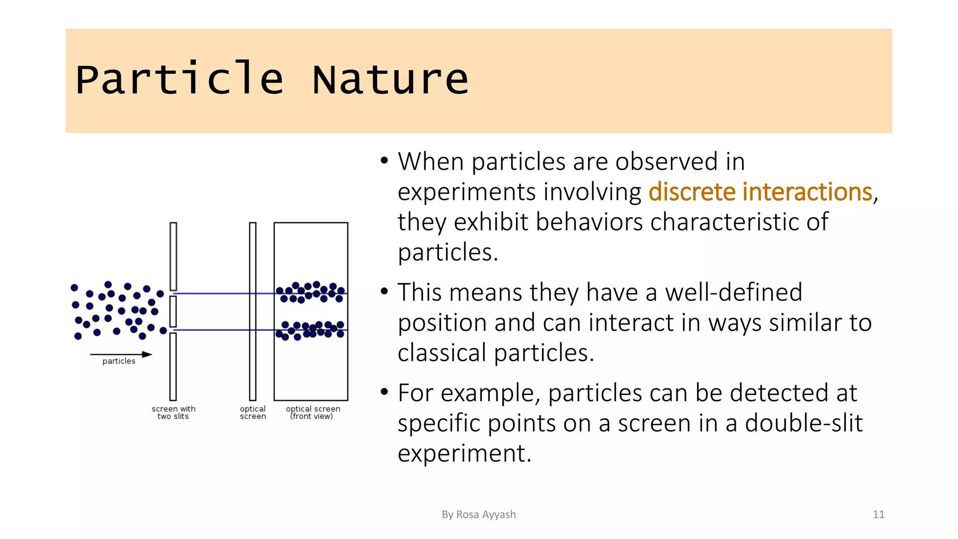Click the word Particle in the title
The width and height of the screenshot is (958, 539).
coord(180,80)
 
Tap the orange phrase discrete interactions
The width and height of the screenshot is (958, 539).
coord(760,192)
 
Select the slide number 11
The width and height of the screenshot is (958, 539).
coord(878,515)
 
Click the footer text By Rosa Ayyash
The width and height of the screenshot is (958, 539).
coord(479,515)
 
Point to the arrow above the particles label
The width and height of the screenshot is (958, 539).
coord(121,355)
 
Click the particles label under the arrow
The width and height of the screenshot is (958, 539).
coord(119,361)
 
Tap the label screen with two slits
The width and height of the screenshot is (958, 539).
coord(174,413)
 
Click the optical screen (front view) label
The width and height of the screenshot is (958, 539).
coord(312,413)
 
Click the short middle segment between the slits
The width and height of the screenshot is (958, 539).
coord(173,311)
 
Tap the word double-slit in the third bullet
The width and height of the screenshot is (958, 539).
coord(803,423)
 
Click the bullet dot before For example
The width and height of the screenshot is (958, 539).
coord(384,392)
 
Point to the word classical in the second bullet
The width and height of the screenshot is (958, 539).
coord(442,353)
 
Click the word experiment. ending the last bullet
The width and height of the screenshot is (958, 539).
coord(464,453)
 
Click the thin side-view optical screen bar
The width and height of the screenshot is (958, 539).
coord(253,311)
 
